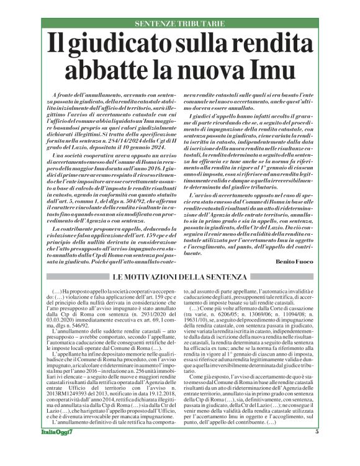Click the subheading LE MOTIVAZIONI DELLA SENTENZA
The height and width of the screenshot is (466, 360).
pos(180,277)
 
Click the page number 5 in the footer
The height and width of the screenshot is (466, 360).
pos(317,449)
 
